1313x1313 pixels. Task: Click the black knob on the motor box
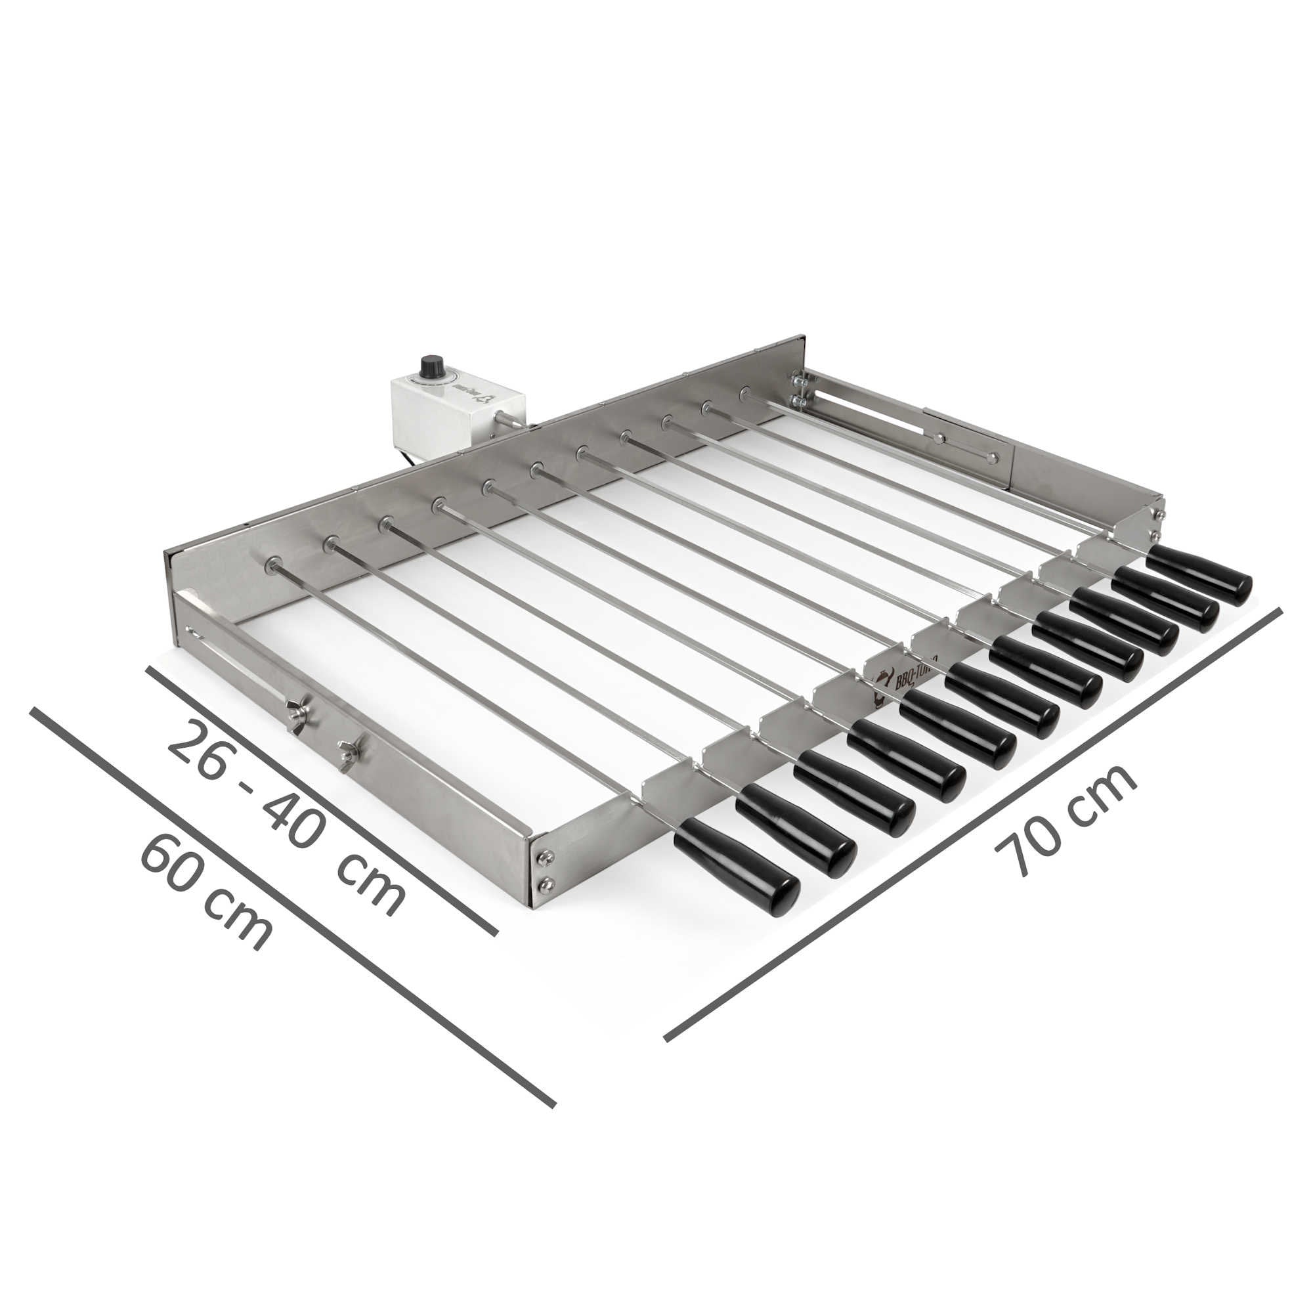point(429,366)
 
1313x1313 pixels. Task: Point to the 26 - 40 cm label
point(286,815)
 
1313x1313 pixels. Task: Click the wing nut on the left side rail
point(296,714)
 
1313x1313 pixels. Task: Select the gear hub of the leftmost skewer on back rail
point(272,563)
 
